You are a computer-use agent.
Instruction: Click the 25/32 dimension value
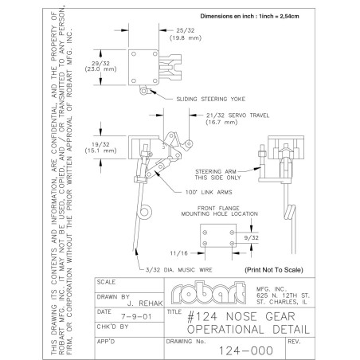pos(186,30)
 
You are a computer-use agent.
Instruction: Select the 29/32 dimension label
pos(100,64)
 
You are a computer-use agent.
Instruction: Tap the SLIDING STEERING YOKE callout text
pos(211,99)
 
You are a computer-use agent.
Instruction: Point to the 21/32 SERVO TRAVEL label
pos(237,115)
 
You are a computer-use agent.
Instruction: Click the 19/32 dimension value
pos(100,145)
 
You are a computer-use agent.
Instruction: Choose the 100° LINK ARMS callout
pos(209,192)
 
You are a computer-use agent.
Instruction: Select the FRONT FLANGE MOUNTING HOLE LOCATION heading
pos(219,211)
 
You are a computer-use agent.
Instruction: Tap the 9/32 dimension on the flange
pos(252,238)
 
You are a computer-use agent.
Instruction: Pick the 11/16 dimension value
pos(178,253)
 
